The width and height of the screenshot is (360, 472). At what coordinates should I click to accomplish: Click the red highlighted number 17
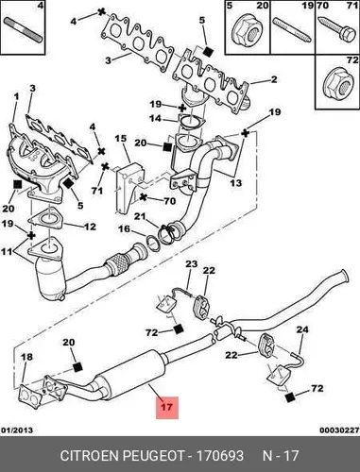(167, 407)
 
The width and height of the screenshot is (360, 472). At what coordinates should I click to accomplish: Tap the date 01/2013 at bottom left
(18, 430)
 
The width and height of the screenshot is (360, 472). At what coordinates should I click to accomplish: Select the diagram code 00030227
(339, 430)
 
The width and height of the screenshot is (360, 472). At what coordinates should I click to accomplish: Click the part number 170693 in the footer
(220, 455)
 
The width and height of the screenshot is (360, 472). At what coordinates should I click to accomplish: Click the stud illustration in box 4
(23, 30)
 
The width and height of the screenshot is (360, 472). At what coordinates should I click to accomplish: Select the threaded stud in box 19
(293, 30)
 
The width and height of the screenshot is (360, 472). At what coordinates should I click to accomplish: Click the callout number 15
(120, 139)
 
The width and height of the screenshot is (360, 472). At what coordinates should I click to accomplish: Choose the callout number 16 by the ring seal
(124, 228)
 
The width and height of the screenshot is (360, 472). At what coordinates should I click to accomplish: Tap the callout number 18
(26, 357)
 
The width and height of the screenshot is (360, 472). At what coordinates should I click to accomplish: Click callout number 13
(236, 182)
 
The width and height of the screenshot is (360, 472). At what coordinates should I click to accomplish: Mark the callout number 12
(90, 227)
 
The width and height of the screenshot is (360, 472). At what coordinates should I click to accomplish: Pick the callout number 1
(16, 96)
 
